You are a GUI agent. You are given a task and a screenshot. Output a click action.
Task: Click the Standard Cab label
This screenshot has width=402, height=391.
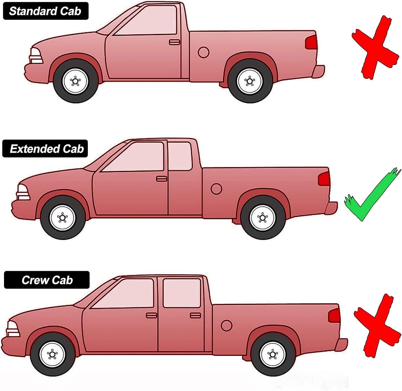(x=45, y=11)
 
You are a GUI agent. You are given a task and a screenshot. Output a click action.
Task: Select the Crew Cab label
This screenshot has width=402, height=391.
(x=47, y=280)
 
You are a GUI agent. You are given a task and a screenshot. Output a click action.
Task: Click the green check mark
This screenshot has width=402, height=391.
(x=373, y=196)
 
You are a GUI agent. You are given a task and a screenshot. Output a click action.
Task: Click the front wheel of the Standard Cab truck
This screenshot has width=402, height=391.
(x=75, y=81)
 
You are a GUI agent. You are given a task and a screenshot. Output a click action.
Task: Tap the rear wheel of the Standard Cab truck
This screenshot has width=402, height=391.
(x=250, y=81)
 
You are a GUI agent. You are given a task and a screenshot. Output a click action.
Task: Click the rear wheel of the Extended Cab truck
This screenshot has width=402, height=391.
(x=262, y=217)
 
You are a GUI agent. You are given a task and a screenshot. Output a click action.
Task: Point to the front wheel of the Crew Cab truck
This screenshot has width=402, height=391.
(x=52, y=354)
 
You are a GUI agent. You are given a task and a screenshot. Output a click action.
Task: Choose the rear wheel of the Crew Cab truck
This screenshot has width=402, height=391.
(x=273, y=354)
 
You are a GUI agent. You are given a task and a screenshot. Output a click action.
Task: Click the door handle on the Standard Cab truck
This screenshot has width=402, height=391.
(x=174, y=42)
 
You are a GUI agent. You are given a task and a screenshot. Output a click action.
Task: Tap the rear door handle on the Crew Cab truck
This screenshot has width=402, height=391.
(x=195, y=315)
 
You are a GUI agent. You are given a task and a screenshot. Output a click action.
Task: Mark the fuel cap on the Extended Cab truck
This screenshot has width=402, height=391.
(x=216, y=189)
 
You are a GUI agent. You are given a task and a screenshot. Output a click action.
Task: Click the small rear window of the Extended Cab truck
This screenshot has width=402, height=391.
(x=180, y=156)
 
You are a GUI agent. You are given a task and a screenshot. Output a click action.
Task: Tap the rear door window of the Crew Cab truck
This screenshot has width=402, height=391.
(x=182, y=293)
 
